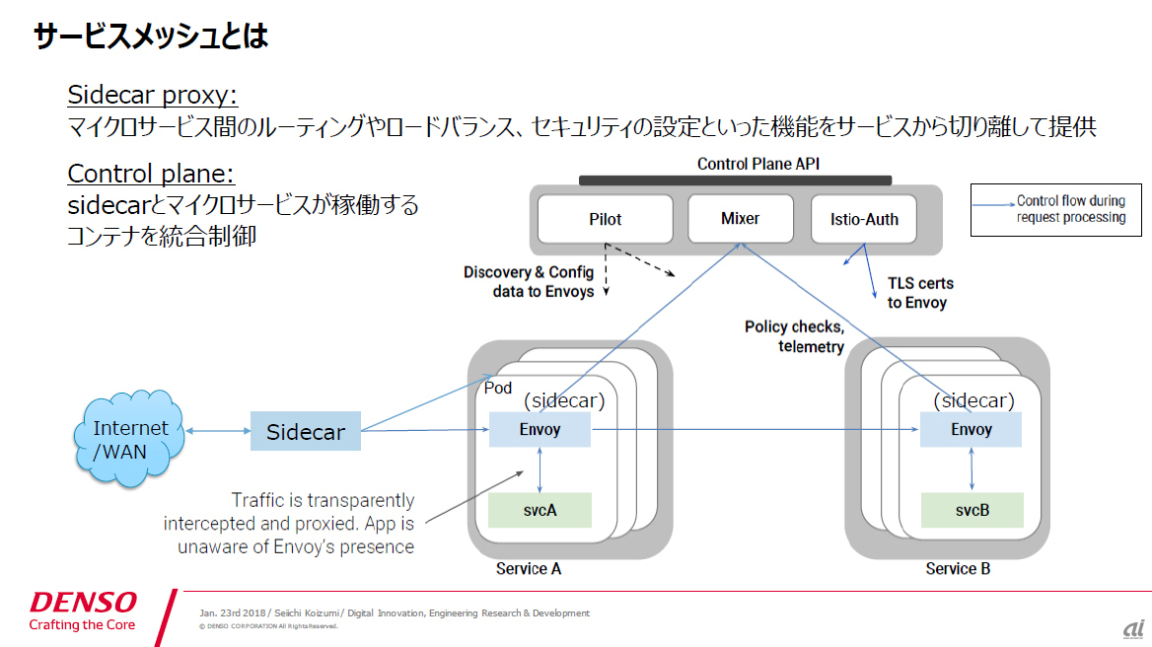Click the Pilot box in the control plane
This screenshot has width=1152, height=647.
(606, 219)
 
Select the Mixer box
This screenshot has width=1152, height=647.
(741, 218)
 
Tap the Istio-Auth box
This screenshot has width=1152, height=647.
(864, 219)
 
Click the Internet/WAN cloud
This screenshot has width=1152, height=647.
(129, 439)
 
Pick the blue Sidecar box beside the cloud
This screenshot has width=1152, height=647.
(306, 431)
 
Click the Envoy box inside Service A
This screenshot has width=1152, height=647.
(540, 430)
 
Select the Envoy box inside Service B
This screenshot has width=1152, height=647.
(972, 430)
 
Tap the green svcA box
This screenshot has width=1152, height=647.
(540, 511)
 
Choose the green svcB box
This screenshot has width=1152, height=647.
(972, 511)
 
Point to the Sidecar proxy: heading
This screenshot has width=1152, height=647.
(152, 95)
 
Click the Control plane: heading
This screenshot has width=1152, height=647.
(151, 174)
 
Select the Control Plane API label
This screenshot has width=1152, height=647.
(758, 164)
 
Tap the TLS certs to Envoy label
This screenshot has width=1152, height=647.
(920, 293)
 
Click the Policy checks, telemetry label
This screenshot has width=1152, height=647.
(794, 336)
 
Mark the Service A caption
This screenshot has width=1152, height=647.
(529, 568)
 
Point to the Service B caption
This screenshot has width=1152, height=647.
(958, 568)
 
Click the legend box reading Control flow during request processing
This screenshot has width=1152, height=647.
(1055, 210)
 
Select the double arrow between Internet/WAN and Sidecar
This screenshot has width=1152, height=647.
(217, 431)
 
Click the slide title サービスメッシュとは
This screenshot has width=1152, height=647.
(151, 36)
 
